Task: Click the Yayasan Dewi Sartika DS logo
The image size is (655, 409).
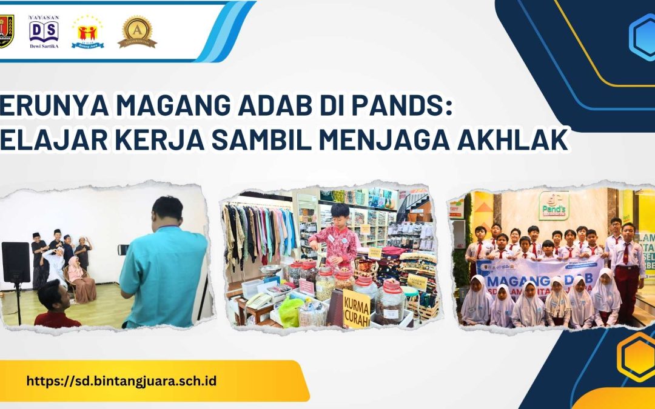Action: coord(44,31)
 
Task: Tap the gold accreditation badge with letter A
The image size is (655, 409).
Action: coord(137,31)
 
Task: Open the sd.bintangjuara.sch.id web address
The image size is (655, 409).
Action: coord(121,381)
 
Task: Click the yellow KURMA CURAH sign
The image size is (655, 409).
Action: coord(357,309)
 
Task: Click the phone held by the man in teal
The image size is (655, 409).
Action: coord(122,249)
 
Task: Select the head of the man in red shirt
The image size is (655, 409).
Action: coord(52,296)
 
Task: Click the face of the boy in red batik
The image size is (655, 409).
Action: coord(340,216)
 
